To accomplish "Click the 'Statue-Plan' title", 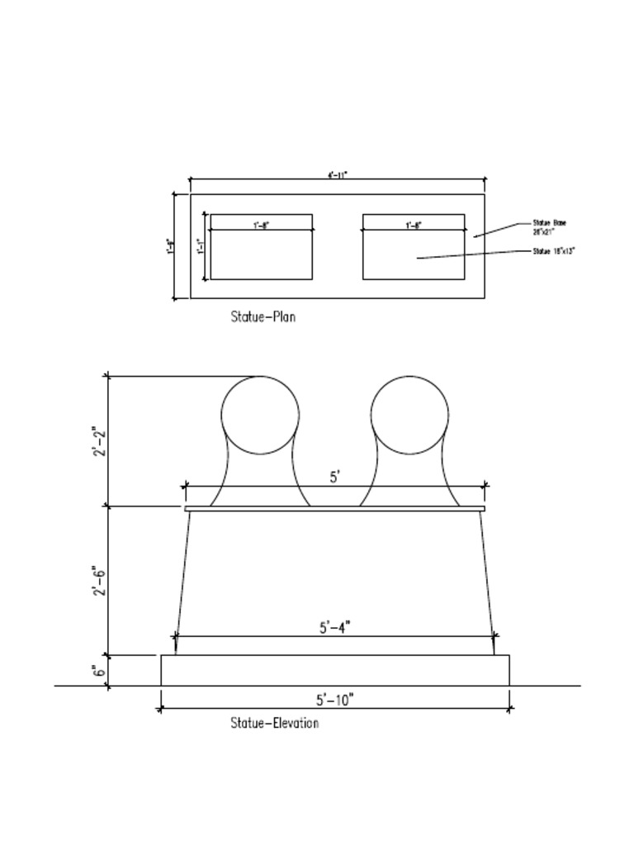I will coord(263,316).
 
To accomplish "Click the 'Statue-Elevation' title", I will coord(274,724).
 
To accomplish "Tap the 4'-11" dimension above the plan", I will coord(338,174).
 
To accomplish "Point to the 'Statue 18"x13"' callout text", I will coord(553,250).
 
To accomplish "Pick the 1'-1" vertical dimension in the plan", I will coord(200,246).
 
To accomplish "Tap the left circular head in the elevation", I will coord(260,415).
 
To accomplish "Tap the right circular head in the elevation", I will coord(409,415).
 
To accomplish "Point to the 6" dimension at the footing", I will coord(97,671).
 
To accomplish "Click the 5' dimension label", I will coord(335,477).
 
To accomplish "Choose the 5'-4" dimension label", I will coord(335,627).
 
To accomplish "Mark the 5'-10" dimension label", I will coord(334,700).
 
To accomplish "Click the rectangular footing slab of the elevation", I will coord(334,670).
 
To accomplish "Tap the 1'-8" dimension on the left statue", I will coord(262,225).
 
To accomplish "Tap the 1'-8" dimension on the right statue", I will coord(414,225).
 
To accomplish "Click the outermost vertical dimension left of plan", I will coord(170,246).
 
